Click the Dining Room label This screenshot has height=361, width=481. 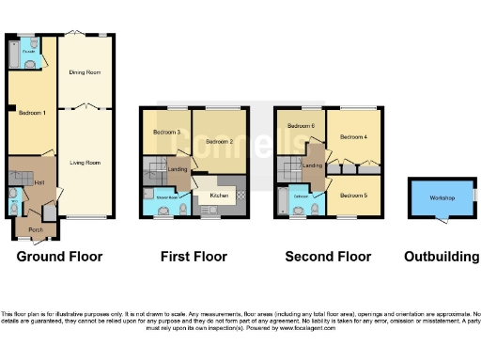click(85, 71)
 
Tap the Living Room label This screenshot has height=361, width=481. click(85, 162)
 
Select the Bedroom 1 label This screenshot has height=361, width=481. click(32, 113)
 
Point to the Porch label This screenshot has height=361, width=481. click(36, 229)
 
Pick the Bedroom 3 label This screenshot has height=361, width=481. click(166, 132)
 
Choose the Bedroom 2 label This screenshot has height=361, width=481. click(219, 142)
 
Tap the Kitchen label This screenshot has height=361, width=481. click(219, 196)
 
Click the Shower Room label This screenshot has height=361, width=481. click(155, 197)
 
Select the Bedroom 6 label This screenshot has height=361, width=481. click(300, 126)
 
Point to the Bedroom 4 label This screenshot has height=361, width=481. click(353, 137)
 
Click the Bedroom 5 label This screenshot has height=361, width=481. click(353, 196)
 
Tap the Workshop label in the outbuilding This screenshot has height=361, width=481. click(442, 197)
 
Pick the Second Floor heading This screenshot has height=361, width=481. click(329, 257)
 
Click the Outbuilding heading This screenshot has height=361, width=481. click(442, 257)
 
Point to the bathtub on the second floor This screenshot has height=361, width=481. click(283, 203)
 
